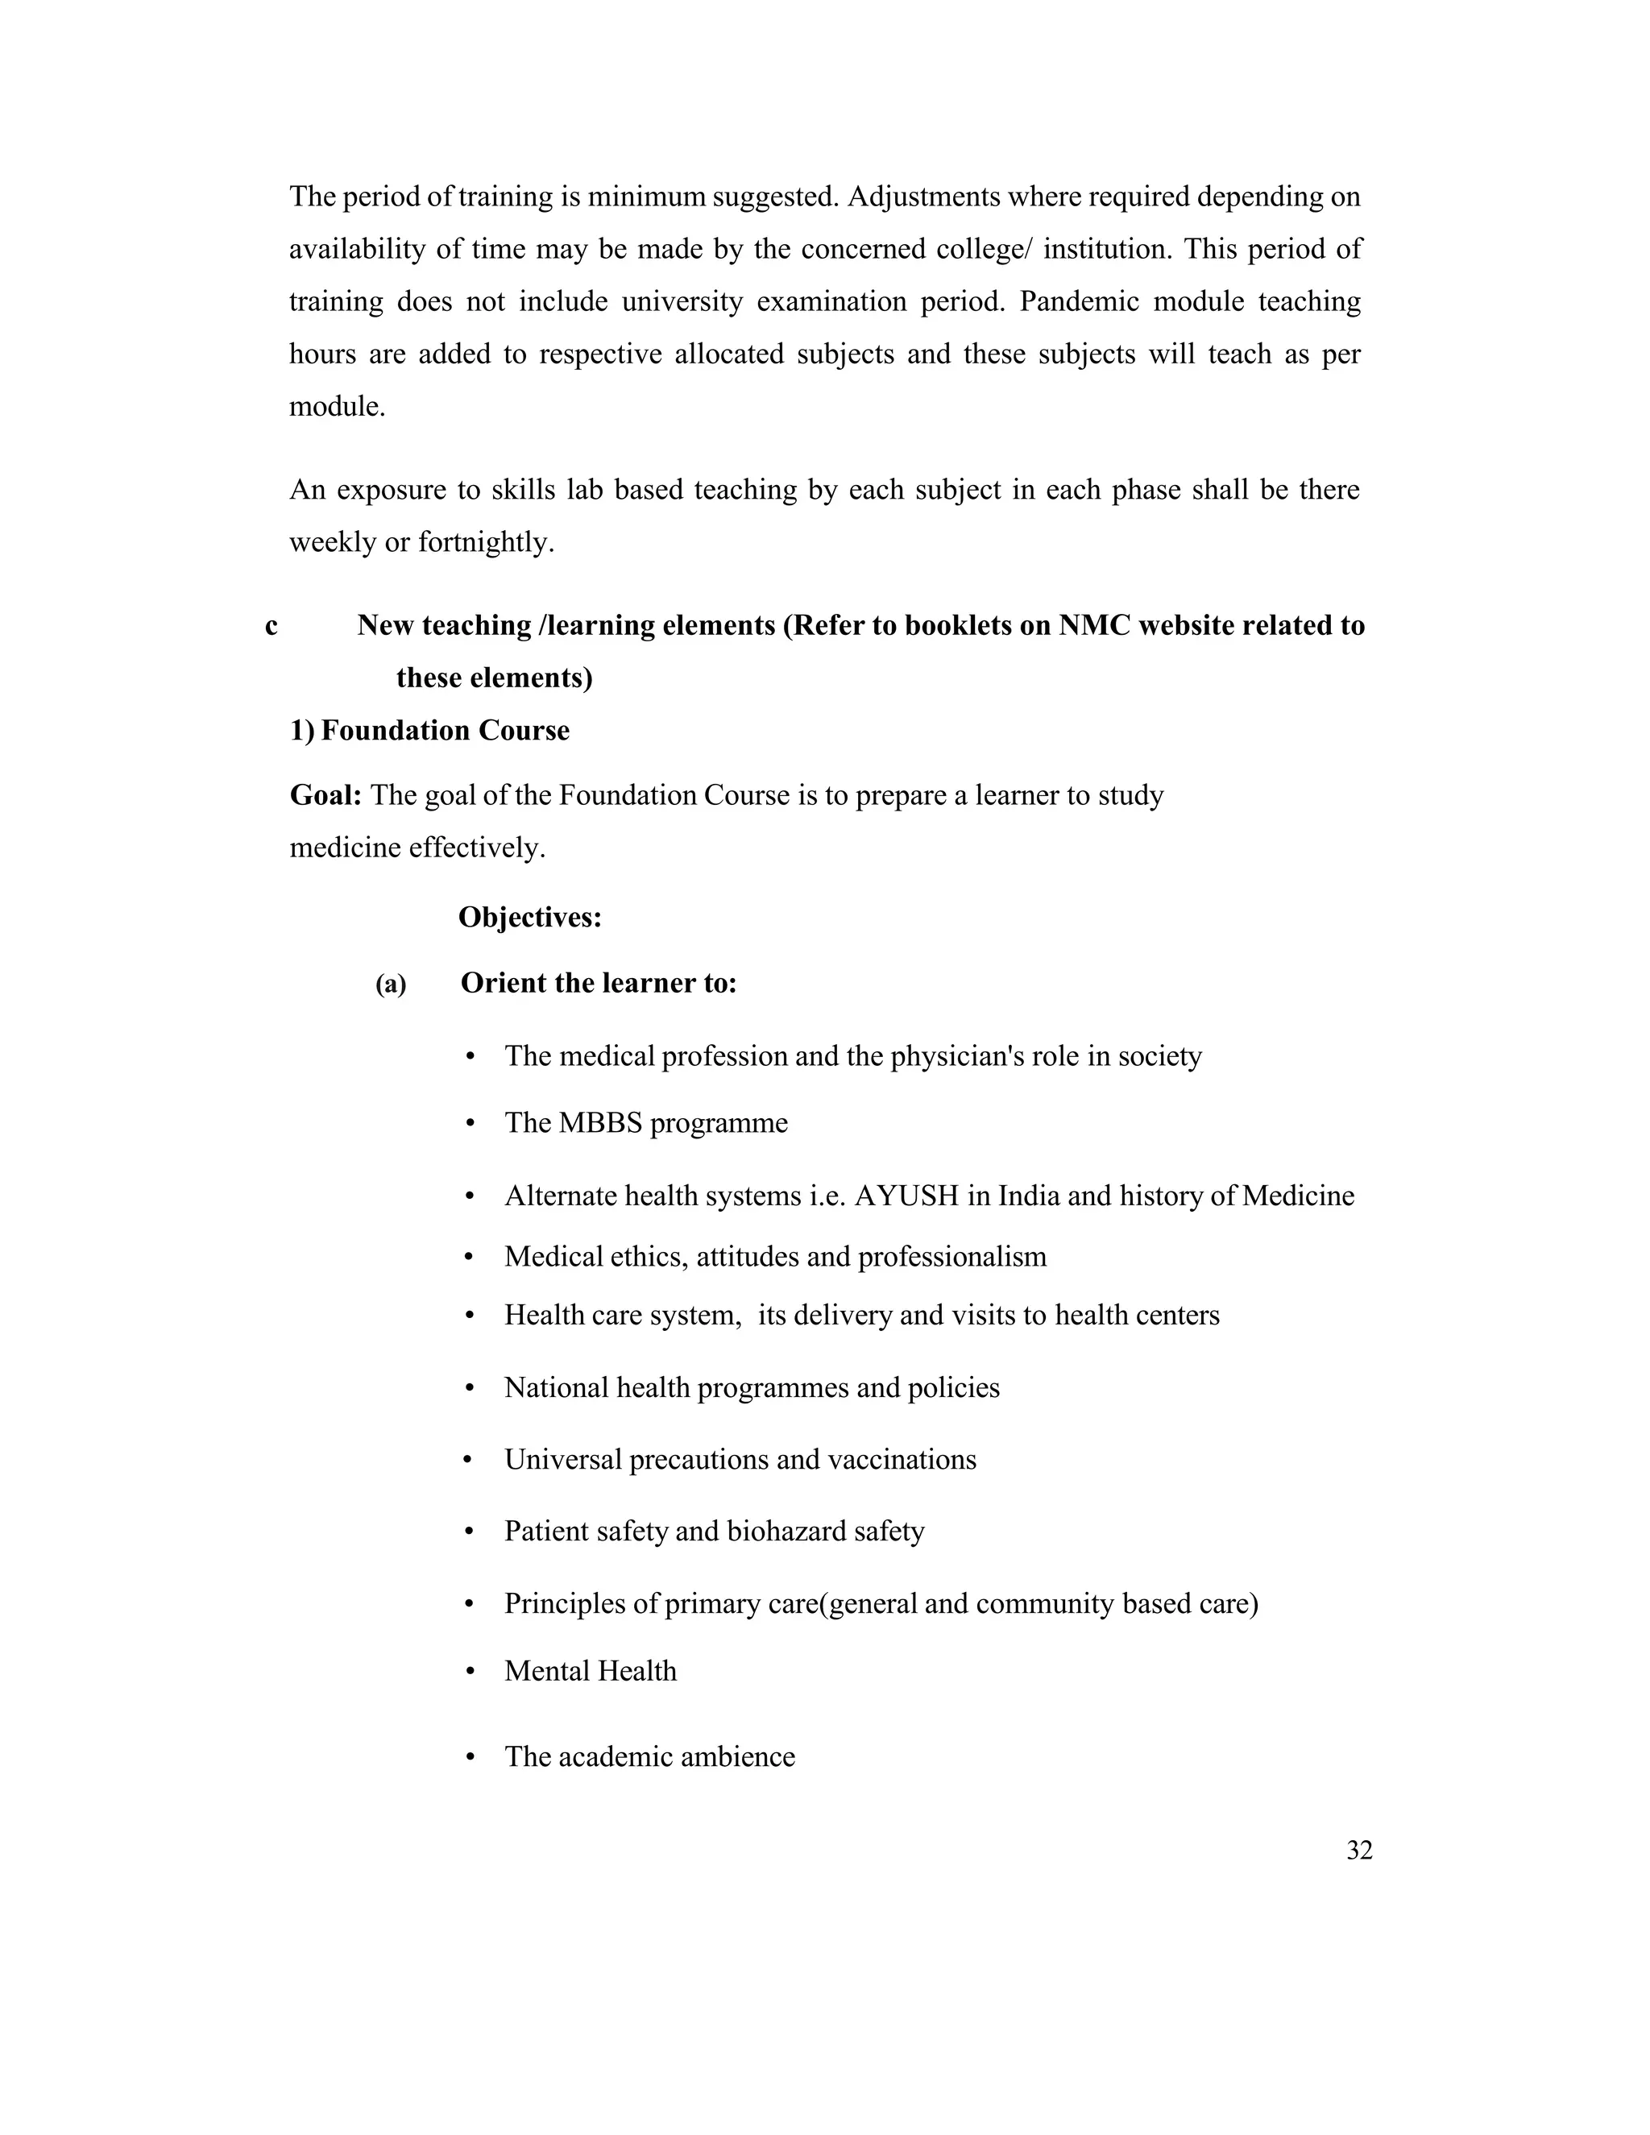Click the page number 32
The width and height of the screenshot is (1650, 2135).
(x=1358, y=1851)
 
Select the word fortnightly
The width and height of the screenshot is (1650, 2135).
(x=486, y=541)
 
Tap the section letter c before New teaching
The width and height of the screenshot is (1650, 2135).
(x=271, y=626)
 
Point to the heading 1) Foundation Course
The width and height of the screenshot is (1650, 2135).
(x=429, y=730)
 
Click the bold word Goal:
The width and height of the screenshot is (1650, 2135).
(x=325, y=794)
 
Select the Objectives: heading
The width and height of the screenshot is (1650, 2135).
(x=530, y=917)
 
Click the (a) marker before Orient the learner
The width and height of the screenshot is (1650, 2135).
(x=390, y=985)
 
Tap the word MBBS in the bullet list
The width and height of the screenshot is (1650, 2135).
(x=599, y=1122)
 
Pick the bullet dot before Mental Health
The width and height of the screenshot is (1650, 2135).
(x=471, y=1672)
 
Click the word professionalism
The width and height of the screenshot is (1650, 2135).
(x=951, y=1256)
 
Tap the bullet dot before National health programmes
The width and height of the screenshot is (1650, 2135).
(x=471, y=1388)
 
